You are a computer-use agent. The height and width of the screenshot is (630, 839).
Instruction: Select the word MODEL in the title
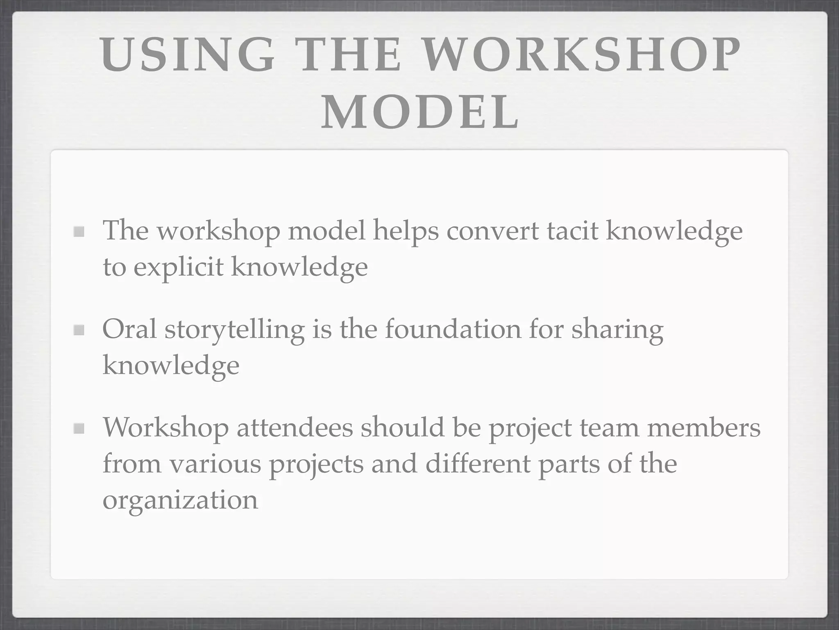point(420,112)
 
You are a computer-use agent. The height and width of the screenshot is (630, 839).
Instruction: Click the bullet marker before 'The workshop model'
point(79,232)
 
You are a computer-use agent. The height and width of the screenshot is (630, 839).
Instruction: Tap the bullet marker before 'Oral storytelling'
point(79,330)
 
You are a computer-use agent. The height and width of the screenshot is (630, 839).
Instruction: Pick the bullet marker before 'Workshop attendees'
point(79,429)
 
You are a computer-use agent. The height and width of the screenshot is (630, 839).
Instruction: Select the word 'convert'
point(492,231)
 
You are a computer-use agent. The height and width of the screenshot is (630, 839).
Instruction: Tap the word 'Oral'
point(129,329)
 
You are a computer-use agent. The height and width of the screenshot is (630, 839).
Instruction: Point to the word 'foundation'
point(453,329)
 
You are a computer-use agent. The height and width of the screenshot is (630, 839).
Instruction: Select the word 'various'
point(215,464)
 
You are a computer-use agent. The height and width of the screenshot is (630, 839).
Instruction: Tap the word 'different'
point(477,463)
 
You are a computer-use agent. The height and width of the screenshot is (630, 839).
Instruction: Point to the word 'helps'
point(406,231)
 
